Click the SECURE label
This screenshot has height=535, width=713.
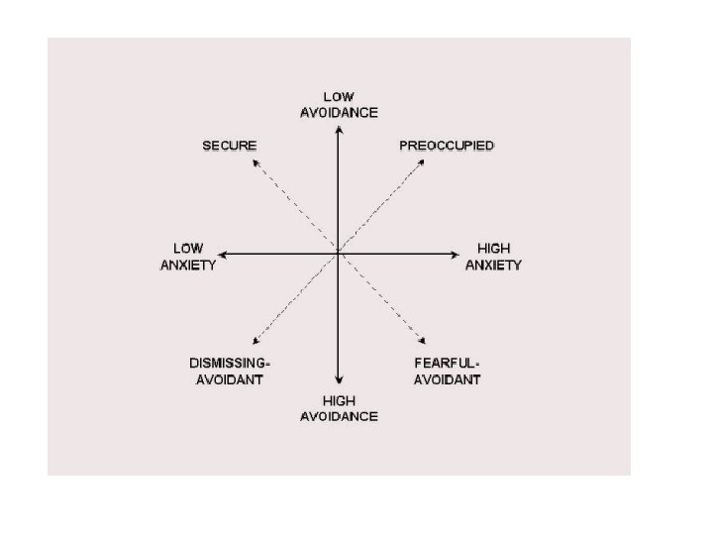point(230,146)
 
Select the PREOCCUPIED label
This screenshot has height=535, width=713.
point(447,146)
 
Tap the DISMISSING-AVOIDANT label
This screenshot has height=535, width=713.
point(230,372)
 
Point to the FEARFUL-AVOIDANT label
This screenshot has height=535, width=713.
point(448,372)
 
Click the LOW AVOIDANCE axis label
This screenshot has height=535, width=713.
point(339,104)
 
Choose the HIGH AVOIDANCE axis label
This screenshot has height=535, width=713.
point(339,408)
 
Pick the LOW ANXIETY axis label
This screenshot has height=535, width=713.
point(188,256)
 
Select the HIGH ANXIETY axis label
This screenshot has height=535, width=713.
point(493,256)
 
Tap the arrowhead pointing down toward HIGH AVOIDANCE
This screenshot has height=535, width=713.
point(339,379)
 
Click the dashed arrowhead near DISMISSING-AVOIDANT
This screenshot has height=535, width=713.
point(255,340)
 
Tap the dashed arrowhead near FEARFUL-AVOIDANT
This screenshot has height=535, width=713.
point(425,343)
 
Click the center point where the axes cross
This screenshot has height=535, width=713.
point(339,254)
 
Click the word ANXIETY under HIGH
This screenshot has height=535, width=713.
point(493,265)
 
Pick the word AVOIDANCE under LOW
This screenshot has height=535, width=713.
point(339,113)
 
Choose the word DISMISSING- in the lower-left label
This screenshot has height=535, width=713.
point(230,364)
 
